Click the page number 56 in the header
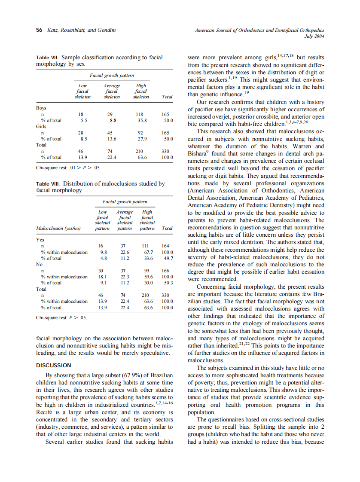pos(39,30)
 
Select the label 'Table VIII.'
pos(49,184)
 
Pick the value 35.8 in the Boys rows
pos(140,121)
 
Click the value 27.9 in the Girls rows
pos(140,139)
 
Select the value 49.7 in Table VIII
pos(168,258)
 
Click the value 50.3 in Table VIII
pos(168,283)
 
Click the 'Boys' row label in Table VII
pos(41,108)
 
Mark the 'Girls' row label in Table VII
pos(42,127)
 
